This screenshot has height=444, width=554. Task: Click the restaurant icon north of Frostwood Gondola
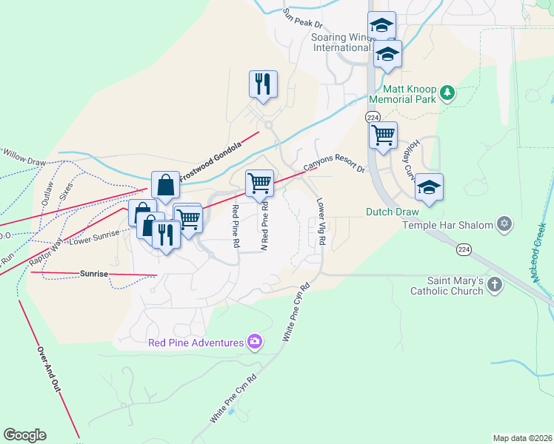tap(263, 84)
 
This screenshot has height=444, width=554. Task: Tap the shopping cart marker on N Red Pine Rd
tap(259, 182)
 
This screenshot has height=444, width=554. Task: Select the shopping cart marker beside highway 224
tap(383, 135)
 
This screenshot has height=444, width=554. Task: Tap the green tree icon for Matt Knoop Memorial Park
tap(447, 92)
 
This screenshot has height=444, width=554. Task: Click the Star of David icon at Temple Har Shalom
tap(505, 223)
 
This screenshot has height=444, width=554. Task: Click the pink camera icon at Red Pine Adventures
tap(255, 342)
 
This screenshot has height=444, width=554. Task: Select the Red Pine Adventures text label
tap(196, 343)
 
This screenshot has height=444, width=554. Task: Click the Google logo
tap(24, 435)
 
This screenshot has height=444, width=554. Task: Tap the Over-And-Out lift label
tap(50, 371)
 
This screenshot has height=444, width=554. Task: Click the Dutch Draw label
tap(392, 212)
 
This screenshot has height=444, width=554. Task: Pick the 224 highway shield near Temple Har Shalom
tap(462, 249)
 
